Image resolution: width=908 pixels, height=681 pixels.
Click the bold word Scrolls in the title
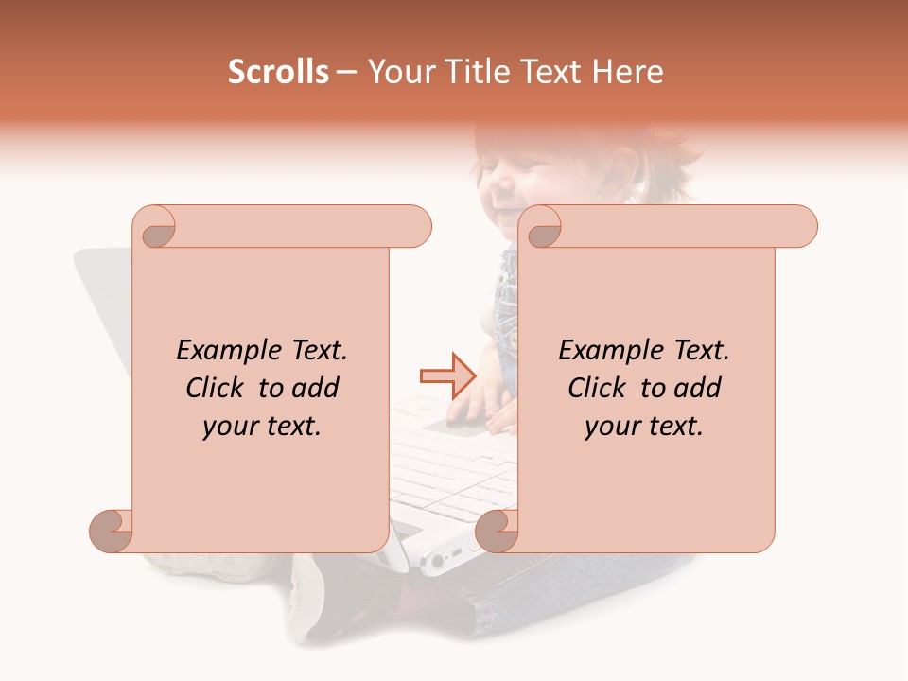(x=279, y=72)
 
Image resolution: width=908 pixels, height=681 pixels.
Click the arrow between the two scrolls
(x=448, y=375)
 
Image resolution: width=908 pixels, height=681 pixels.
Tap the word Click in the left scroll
(x=218, y=389)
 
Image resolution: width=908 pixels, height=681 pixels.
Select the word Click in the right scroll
(x=601, y=389)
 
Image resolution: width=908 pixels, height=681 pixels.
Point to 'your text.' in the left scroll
(x=262, y=427)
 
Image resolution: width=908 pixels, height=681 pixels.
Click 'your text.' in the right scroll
(x=644, y=427)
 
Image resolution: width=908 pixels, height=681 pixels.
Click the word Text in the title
(x=550, y=72)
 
